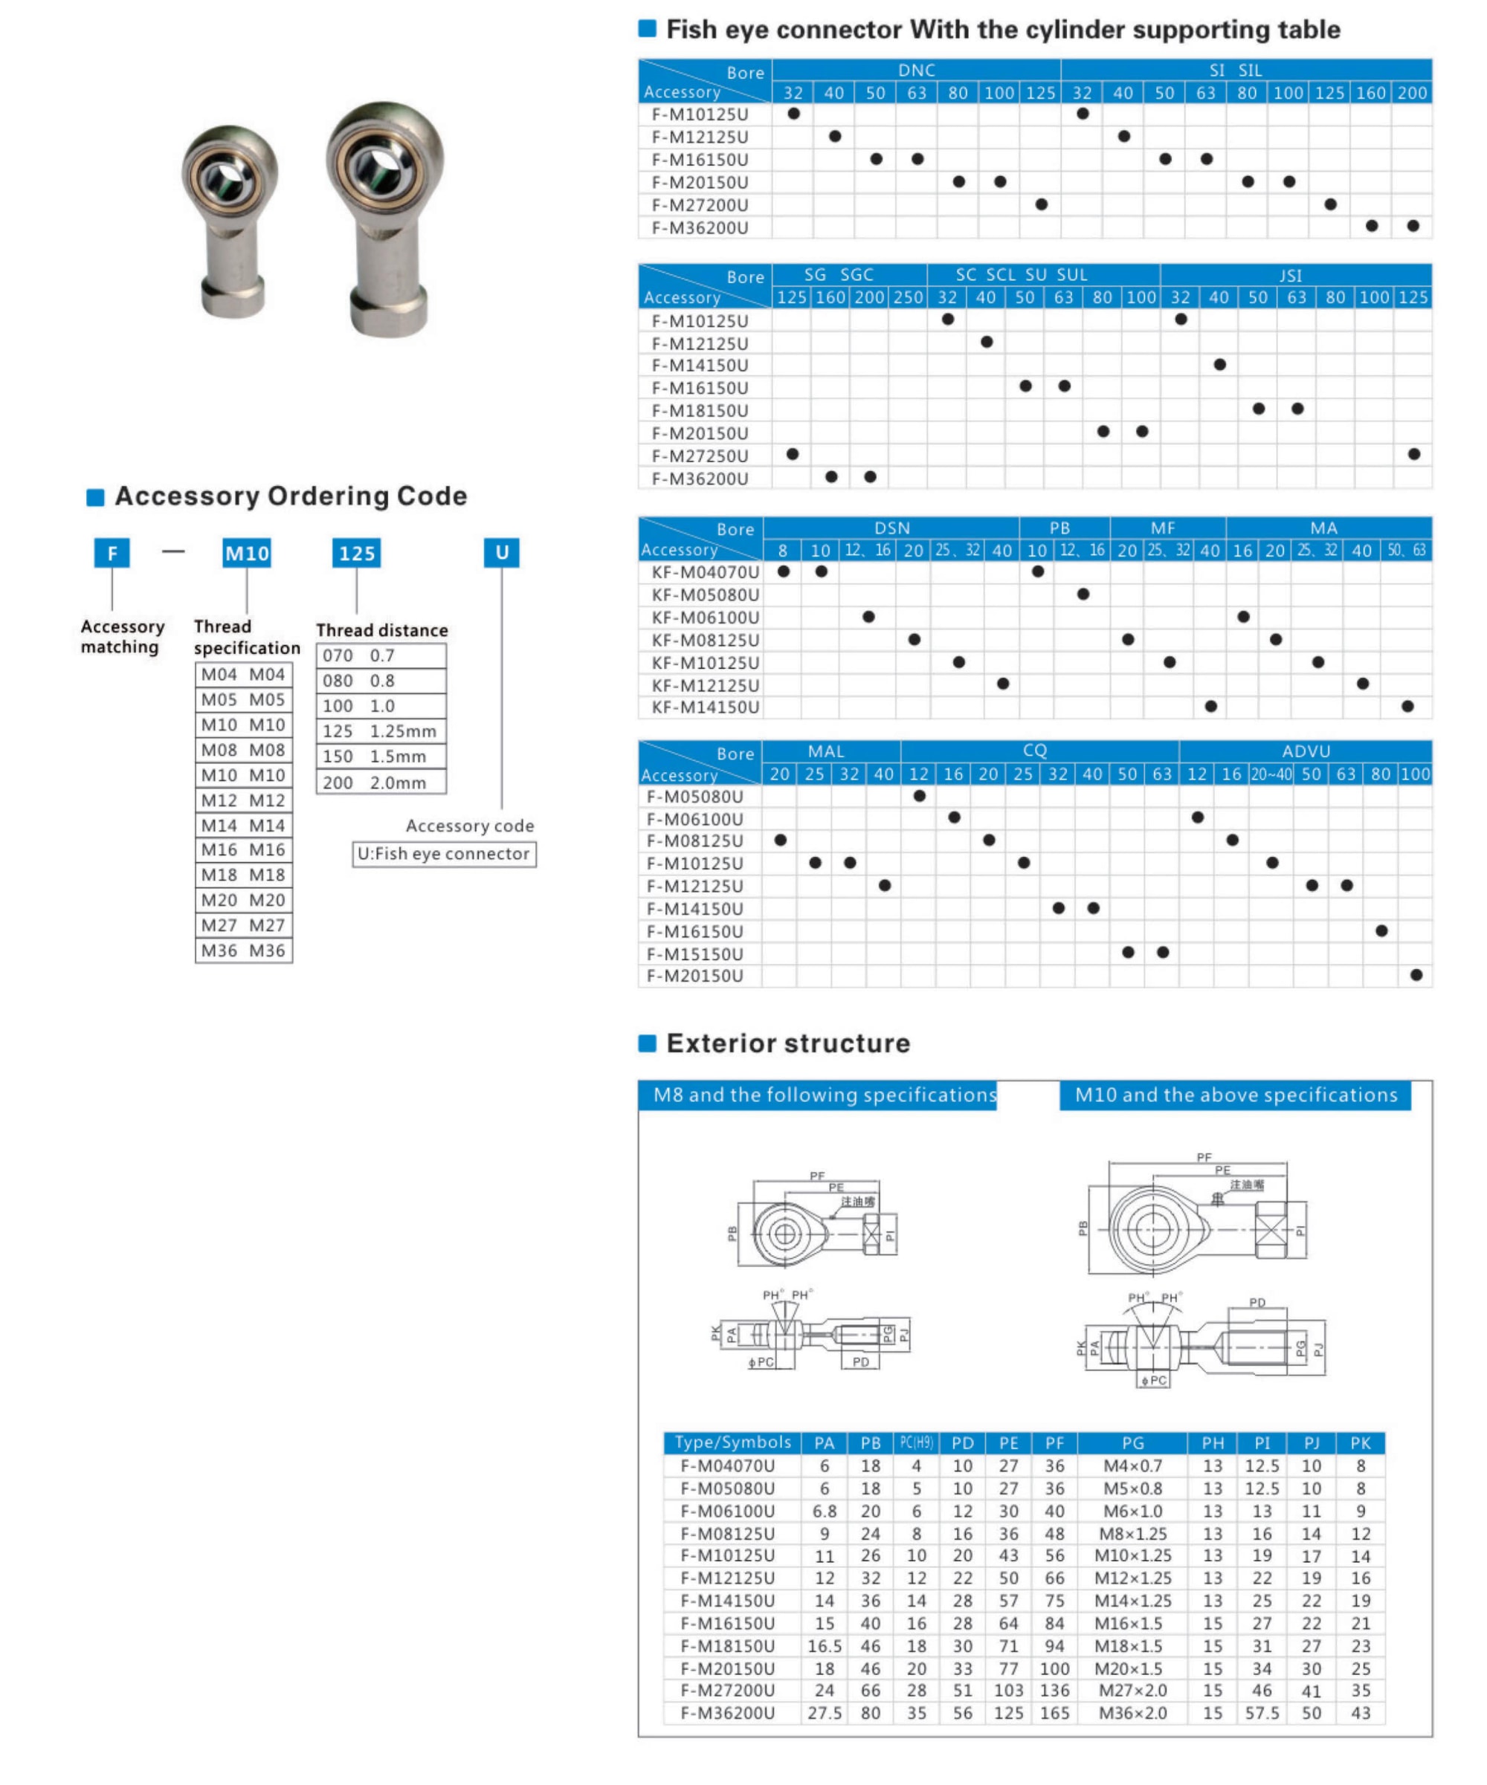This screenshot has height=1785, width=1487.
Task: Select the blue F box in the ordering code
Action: [x=112, y=554]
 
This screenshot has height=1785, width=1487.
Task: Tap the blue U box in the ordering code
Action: [x=502, y=552]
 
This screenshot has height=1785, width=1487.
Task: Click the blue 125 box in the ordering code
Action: [x=356, y=554]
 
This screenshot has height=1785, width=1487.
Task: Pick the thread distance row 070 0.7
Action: [x=381, y=655]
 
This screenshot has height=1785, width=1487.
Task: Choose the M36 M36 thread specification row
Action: [x=243, y=950]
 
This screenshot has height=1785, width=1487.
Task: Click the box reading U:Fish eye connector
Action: [x=444, y=853]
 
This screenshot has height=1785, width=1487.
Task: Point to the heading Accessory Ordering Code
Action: [x=291, y=496]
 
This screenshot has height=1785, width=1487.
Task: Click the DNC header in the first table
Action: [x=916, y=71]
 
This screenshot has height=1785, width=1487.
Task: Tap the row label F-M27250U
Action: [x=700, y=456]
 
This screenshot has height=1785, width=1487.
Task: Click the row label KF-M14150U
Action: [x=705, y=707]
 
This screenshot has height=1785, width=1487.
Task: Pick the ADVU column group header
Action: [x=1305, y=751]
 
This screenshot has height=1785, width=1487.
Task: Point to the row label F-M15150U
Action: [x=694, y=953]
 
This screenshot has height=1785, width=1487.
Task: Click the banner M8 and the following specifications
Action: [x=824, y=1095]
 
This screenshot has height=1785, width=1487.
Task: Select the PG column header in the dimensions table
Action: [x=1132, y=1443]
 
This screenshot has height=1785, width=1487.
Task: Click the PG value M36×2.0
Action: [x=1132, y=1713]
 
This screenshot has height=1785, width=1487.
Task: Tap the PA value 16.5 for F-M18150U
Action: [x=824, y=1645]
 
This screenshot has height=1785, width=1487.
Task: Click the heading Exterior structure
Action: [x=787, y=1043]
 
